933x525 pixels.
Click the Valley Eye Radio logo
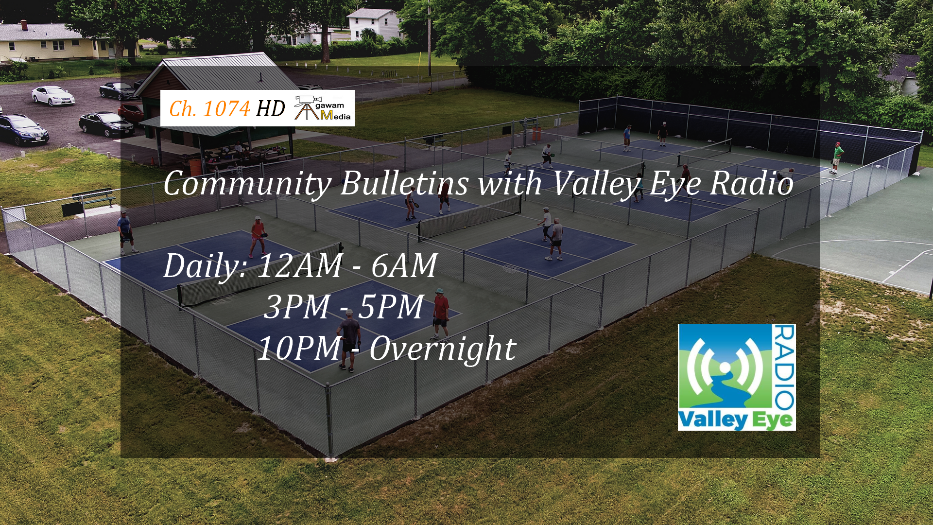pos(737,377)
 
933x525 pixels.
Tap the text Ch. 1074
pos(209,108)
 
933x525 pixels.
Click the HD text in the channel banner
pos(271,108)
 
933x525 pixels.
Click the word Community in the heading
pos(247,184)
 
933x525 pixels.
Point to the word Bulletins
pos(405,183)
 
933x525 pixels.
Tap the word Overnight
pos(443,349)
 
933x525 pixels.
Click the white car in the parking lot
pos(53,95)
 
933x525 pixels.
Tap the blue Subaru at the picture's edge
pos(23,130)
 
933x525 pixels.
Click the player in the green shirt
pos(836,157)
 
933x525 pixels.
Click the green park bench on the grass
pos(94,197)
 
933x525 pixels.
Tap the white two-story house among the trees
pos(374,24)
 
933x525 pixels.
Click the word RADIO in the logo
pos(784,367)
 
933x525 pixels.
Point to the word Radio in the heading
pos(751,183)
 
